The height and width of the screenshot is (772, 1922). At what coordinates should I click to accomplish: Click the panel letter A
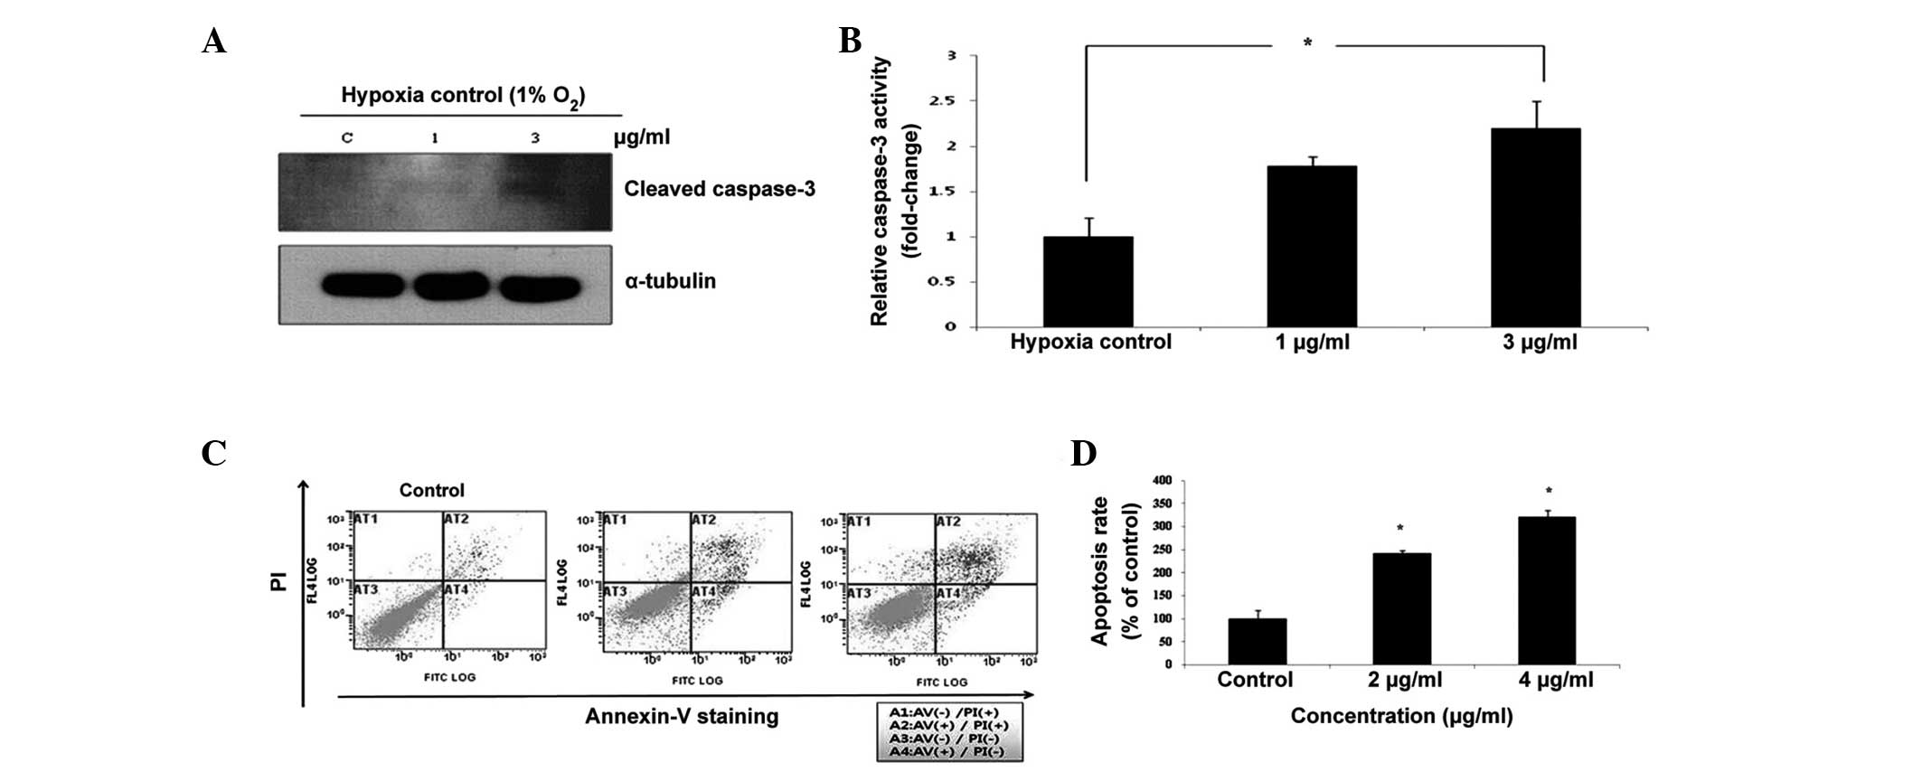coord(213,42)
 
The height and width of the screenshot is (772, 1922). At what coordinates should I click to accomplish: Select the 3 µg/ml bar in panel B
coord(1535,228)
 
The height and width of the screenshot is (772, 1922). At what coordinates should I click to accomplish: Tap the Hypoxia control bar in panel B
coord(1088,282)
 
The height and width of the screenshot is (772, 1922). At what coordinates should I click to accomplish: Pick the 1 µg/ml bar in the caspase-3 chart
coord(1311,247)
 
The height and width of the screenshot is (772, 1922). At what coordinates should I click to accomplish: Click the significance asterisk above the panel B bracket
coord(1307,43)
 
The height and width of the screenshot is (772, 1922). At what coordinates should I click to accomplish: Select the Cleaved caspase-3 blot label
coord(720,189)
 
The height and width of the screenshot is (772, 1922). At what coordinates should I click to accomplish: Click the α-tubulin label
coord(670,281)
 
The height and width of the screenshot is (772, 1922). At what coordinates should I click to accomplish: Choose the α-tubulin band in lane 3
coord(540,287)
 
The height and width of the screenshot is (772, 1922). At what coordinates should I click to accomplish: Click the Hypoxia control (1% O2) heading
coord(463,97)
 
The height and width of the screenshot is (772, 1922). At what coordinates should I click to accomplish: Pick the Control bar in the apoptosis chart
coord(1257,641)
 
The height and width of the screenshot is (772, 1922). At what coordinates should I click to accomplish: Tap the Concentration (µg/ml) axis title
coord(1401,717)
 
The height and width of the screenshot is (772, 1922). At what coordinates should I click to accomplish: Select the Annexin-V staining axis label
coord(682,717)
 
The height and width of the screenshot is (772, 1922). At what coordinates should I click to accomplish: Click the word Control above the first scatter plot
coord(431,491)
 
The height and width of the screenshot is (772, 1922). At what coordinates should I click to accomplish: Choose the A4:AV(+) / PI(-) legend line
coord(948,751)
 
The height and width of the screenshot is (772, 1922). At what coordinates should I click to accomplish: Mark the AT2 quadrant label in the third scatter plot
coord(947,523)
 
